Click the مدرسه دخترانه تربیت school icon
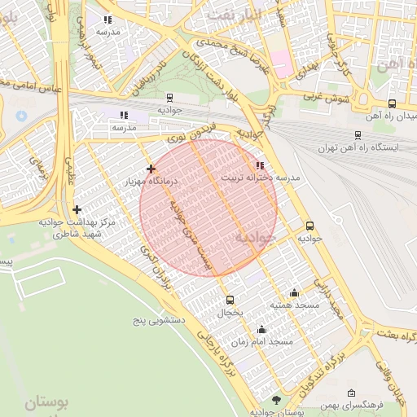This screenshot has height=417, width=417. click(260, 165)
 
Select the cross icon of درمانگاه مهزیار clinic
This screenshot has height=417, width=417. click(151, 169)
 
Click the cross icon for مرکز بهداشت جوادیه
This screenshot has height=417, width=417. click(77, 210)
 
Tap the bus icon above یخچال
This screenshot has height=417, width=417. click(230, 300)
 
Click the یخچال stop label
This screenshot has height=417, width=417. click(230, 312)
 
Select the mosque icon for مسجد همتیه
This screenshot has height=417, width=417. click(294, 293)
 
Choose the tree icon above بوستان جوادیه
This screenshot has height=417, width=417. click(276, 399)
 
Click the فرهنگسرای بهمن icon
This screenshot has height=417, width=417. click(351, 393)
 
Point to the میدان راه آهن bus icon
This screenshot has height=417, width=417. click(393, 103)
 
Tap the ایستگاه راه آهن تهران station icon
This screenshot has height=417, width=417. click(358, 135)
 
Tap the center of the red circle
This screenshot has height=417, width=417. click(208, 208)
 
